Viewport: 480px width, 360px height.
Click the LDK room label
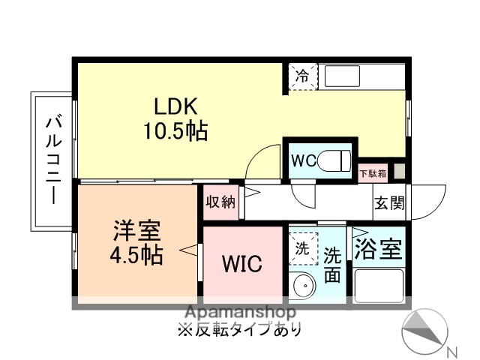(x=175, y=107)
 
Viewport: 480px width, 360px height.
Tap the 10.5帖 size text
(x=175, y=132)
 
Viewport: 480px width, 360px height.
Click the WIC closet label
(x=241, y=264)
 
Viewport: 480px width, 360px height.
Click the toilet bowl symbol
(x=335, y=160)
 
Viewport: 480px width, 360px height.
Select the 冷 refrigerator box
(x=303, y=76)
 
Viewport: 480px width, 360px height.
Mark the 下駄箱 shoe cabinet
(x=373, y=174)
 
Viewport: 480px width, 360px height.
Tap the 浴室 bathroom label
(x=378, y=247)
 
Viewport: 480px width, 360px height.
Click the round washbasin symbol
(x=304, y=286)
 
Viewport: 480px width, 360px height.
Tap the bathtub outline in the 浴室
(x=379, y=285)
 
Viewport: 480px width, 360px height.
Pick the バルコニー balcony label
(x=53, y=160)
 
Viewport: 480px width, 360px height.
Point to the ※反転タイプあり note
(x=241, y=329)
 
